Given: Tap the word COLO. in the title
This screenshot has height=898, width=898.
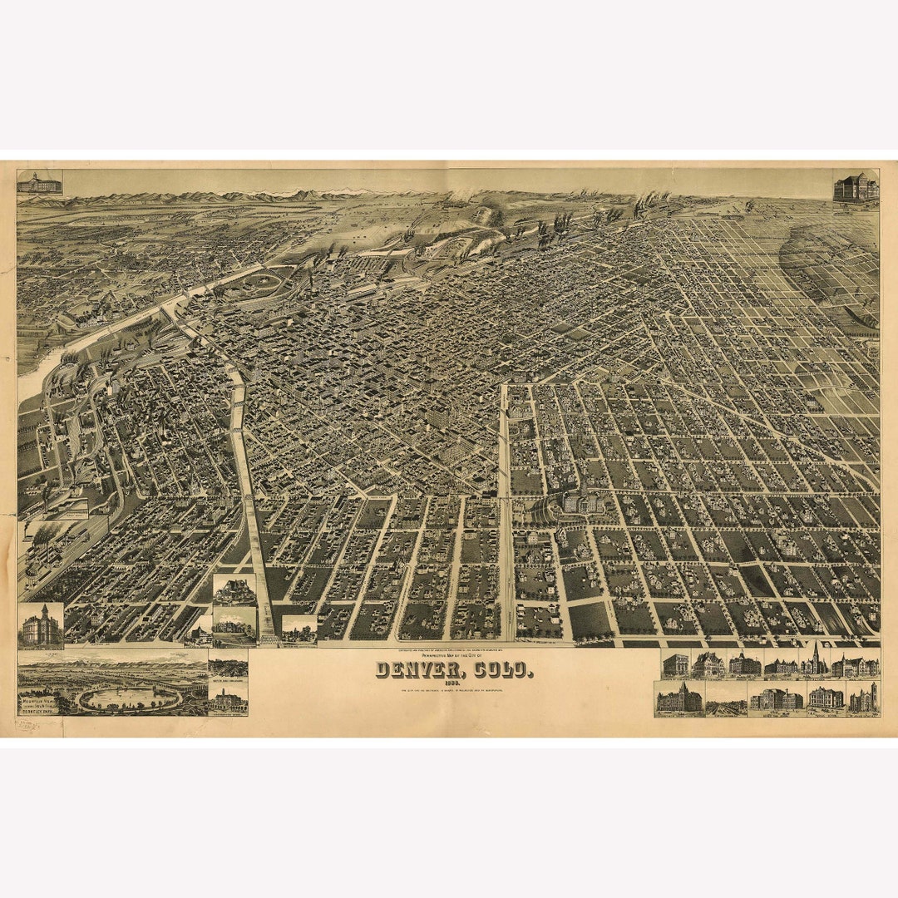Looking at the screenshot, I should [x=499, y=670].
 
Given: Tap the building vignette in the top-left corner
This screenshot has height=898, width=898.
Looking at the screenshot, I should [x=40, y=183].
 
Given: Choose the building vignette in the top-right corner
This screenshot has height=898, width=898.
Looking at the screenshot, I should [x=856, y=187].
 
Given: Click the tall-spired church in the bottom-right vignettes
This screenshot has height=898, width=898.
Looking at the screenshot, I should [x=815, y=661].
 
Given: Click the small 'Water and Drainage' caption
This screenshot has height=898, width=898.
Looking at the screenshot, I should [x=228, y=683].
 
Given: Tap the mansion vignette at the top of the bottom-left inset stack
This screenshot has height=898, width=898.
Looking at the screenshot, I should [x=234, y=590].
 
